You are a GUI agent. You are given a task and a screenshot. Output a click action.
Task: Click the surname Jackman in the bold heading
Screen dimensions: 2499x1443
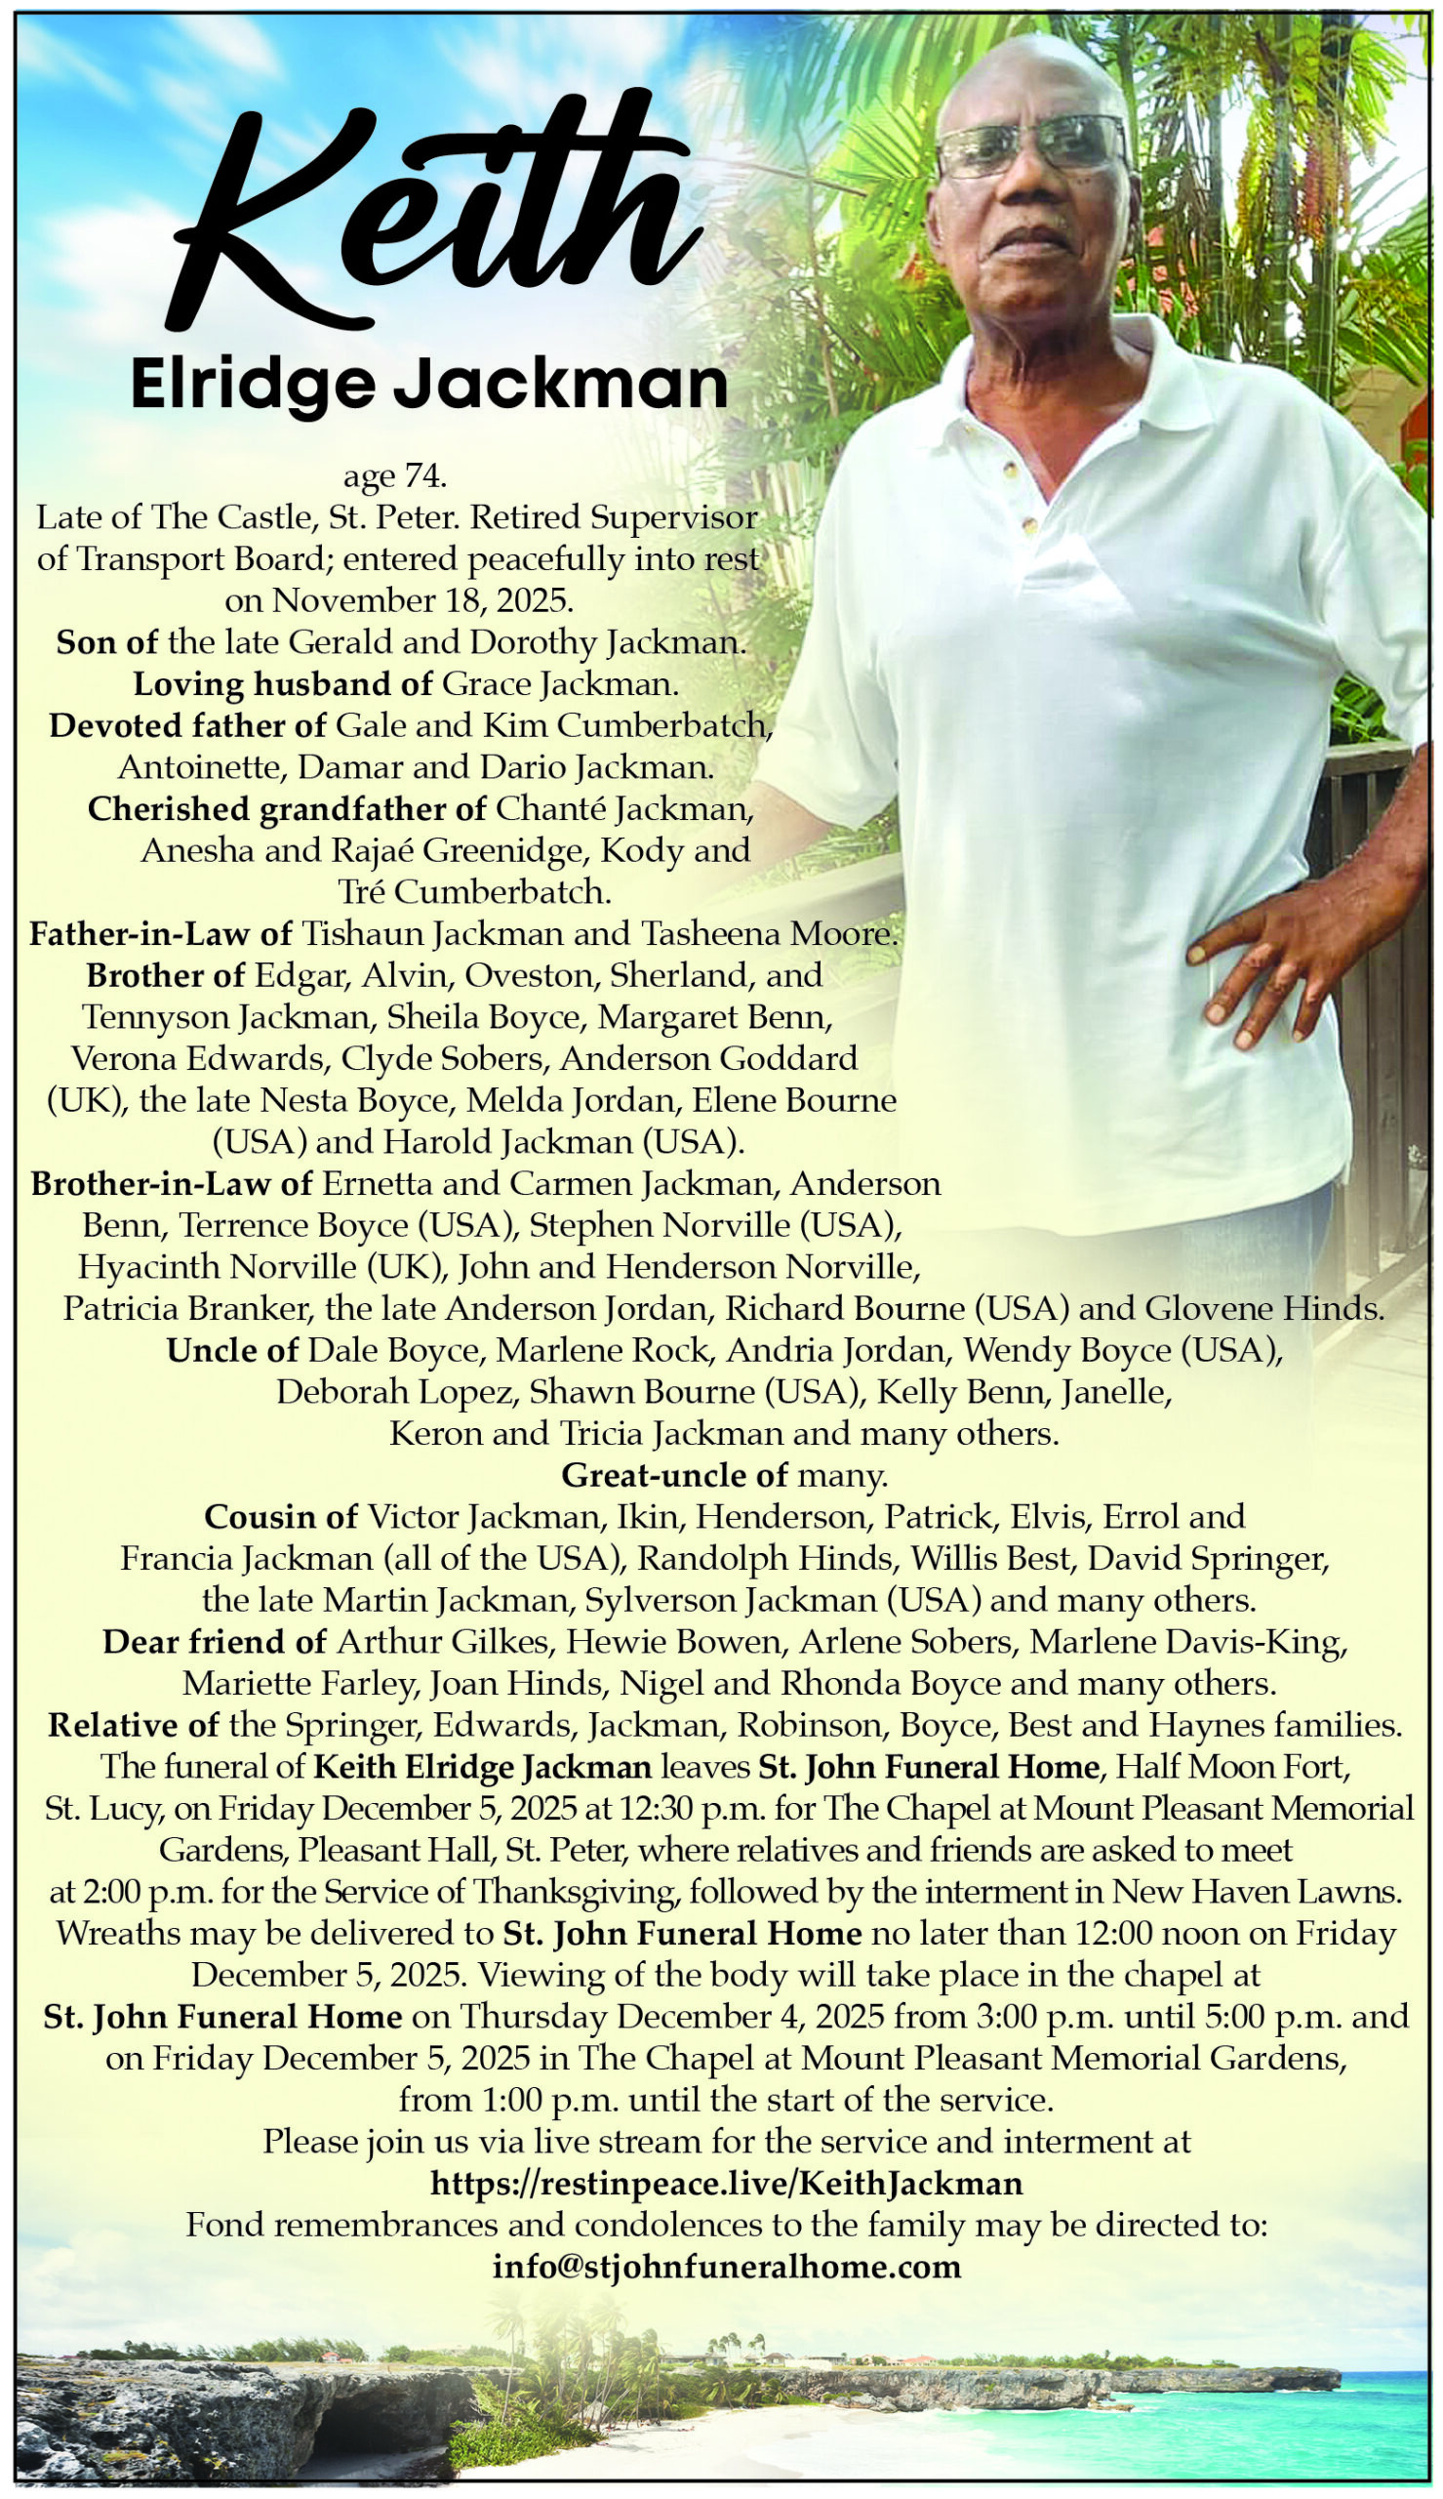[x=561, y=386]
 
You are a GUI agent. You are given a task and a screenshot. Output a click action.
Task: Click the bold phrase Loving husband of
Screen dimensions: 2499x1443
[x=283, y=684]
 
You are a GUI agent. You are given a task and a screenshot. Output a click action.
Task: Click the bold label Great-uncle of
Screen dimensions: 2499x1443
[x=674, y=1476]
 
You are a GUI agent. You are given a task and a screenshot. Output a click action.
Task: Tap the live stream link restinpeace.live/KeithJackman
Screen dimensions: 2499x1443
[x=727, y=2184]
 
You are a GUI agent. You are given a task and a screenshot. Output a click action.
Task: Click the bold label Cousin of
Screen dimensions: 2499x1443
[x=280, y=1518]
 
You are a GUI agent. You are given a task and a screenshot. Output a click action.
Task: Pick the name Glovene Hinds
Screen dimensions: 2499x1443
[x=1264, y=1309]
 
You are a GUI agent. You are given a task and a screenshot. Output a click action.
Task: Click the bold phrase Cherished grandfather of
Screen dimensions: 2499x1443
[x=287, y=809]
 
